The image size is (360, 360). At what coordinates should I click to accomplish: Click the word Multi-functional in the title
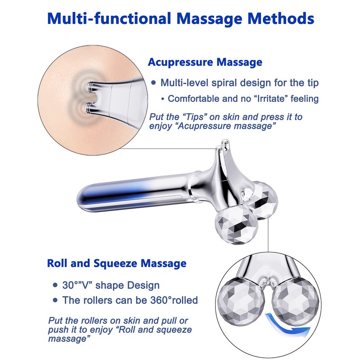[109, 18]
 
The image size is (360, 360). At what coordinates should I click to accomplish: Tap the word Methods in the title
[281, 18]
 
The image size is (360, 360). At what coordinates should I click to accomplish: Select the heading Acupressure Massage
[205, 62]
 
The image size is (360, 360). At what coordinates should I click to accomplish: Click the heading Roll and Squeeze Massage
[117, 263]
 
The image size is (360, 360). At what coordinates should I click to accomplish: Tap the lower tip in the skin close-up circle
[89, 108]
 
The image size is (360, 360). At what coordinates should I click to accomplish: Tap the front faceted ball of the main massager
[236, 225]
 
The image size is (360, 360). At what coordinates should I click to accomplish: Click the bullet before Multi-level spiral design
[153, 83]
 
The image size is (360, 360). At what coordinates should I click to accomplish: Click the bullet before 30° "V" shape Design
[55, 285]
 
